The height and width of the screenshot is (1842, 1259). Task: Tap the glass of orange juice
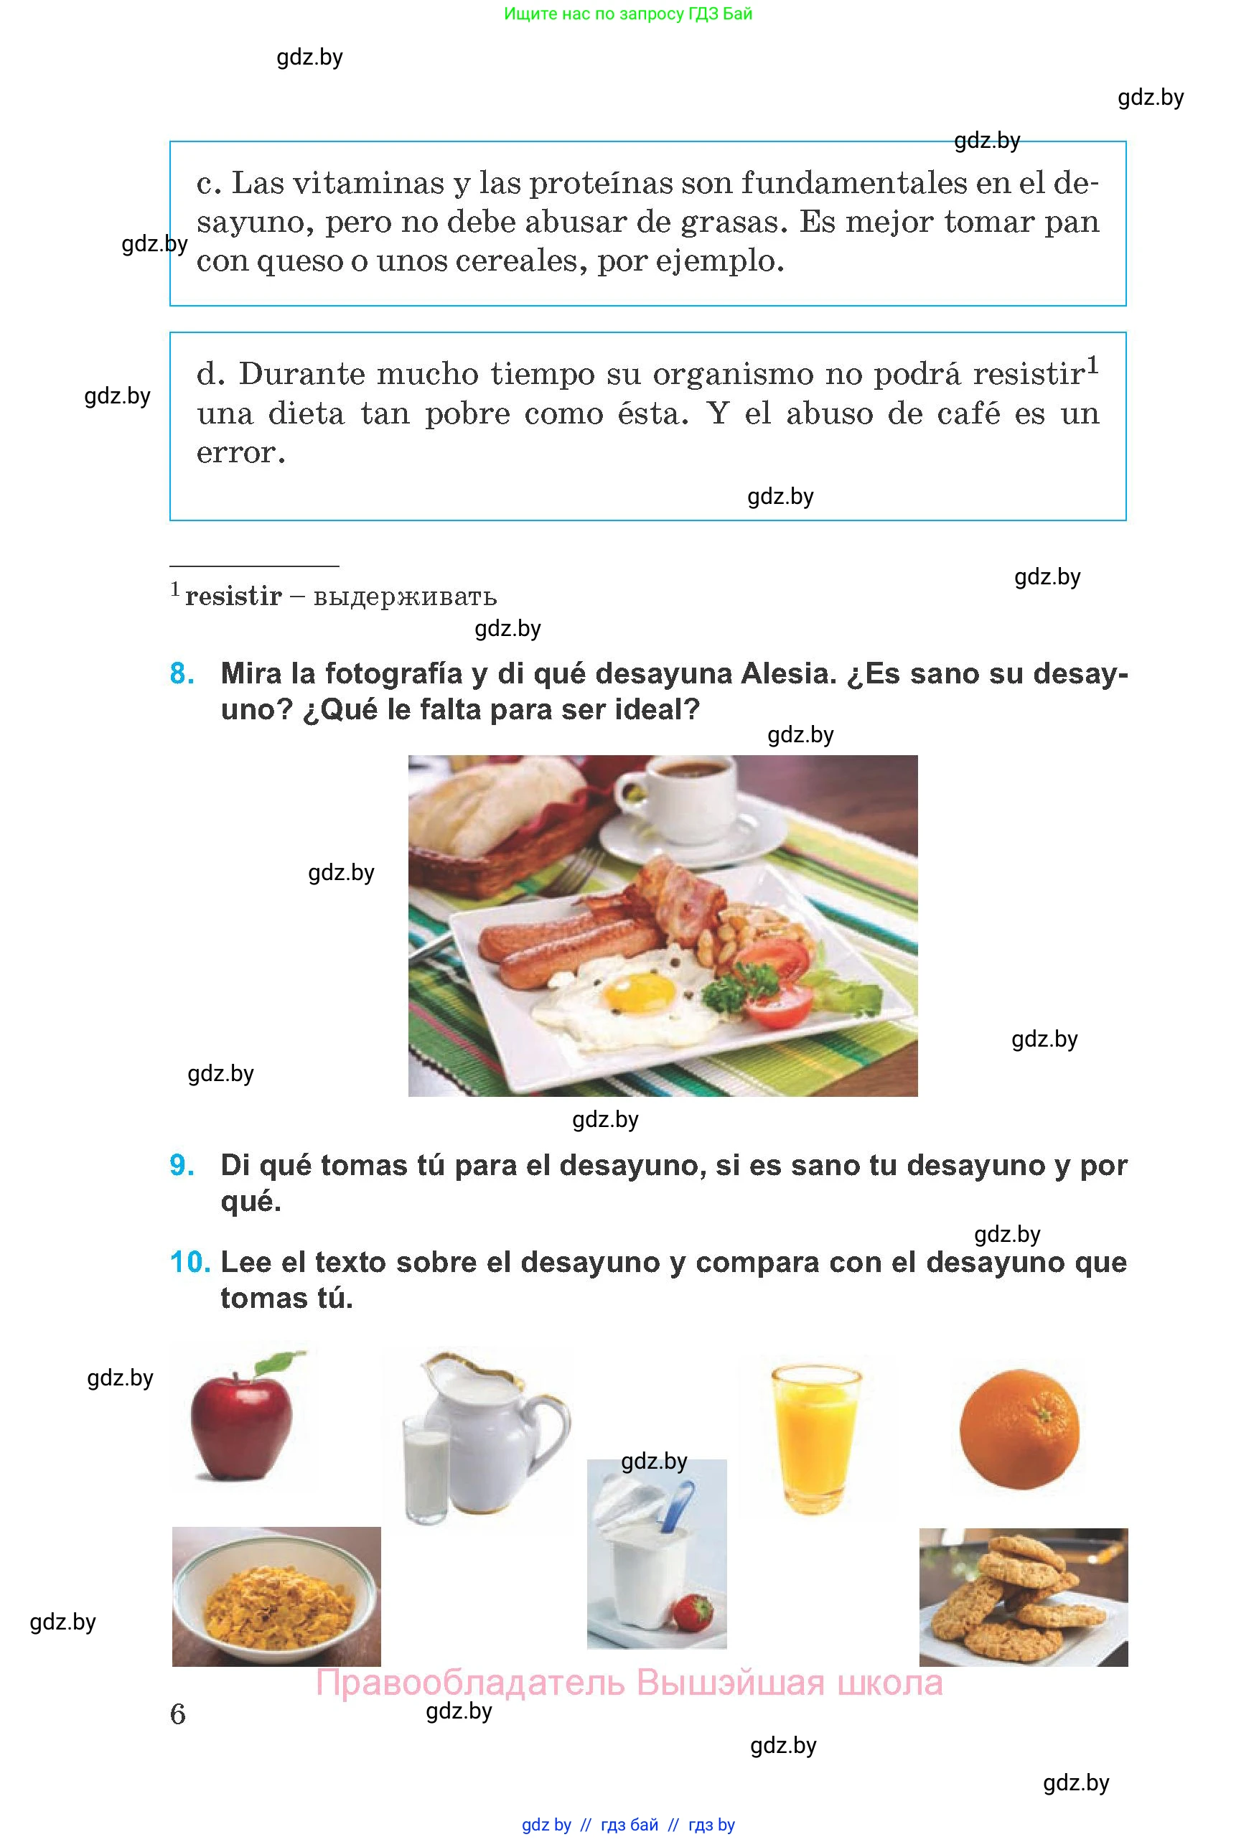[x=815, y=1438]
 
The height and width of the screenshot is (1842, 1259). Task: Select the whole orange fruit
[x=1019, y=1430]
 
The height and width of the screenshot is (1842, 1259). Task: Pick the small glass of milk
[x=426, y=1469]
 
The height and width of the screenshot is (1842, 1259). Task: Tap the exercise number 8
[x=182, y=674]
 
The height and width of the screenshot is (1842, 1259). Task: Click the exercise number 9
[x=182, y=1165]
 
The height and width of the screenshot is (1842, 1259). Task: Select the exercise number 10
[x=190, y=1262]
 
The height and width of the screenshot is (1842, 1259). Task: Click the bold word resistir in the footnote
[x=233, y=596]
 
